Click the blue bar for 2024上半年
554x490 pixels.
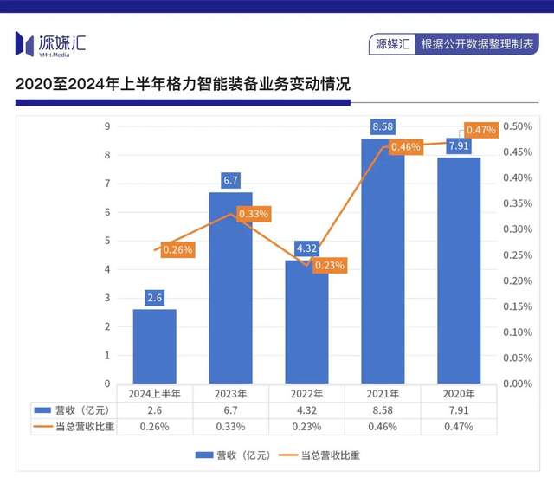[154, 346]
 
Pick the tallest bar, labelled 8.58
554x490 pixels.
[383, 261]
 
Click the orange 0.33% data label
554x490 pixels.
[253, 213]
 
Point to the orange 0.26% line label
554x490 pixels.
[177, 249]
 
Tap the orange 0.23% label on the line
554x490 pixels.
[329, 266]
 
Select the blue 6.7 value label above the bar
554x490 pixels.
[230, 181]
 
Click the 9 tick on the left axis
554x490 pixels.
[107, 126]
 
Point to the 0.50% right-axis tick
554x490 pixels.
[518, 126]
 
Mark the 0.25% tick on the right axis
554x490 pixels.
[518, 255]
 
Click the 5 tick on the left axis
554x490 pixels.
[107, 241]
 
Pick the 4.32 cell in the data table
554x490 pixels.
[306, 409]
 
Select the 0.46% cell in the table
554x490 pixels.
[383, 426]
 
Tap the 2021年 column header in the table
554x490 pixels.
[383, 393]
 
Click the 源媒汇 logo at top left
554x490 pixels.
[50, 42]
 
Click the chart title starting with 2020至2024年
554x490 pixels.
[183, 85]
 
